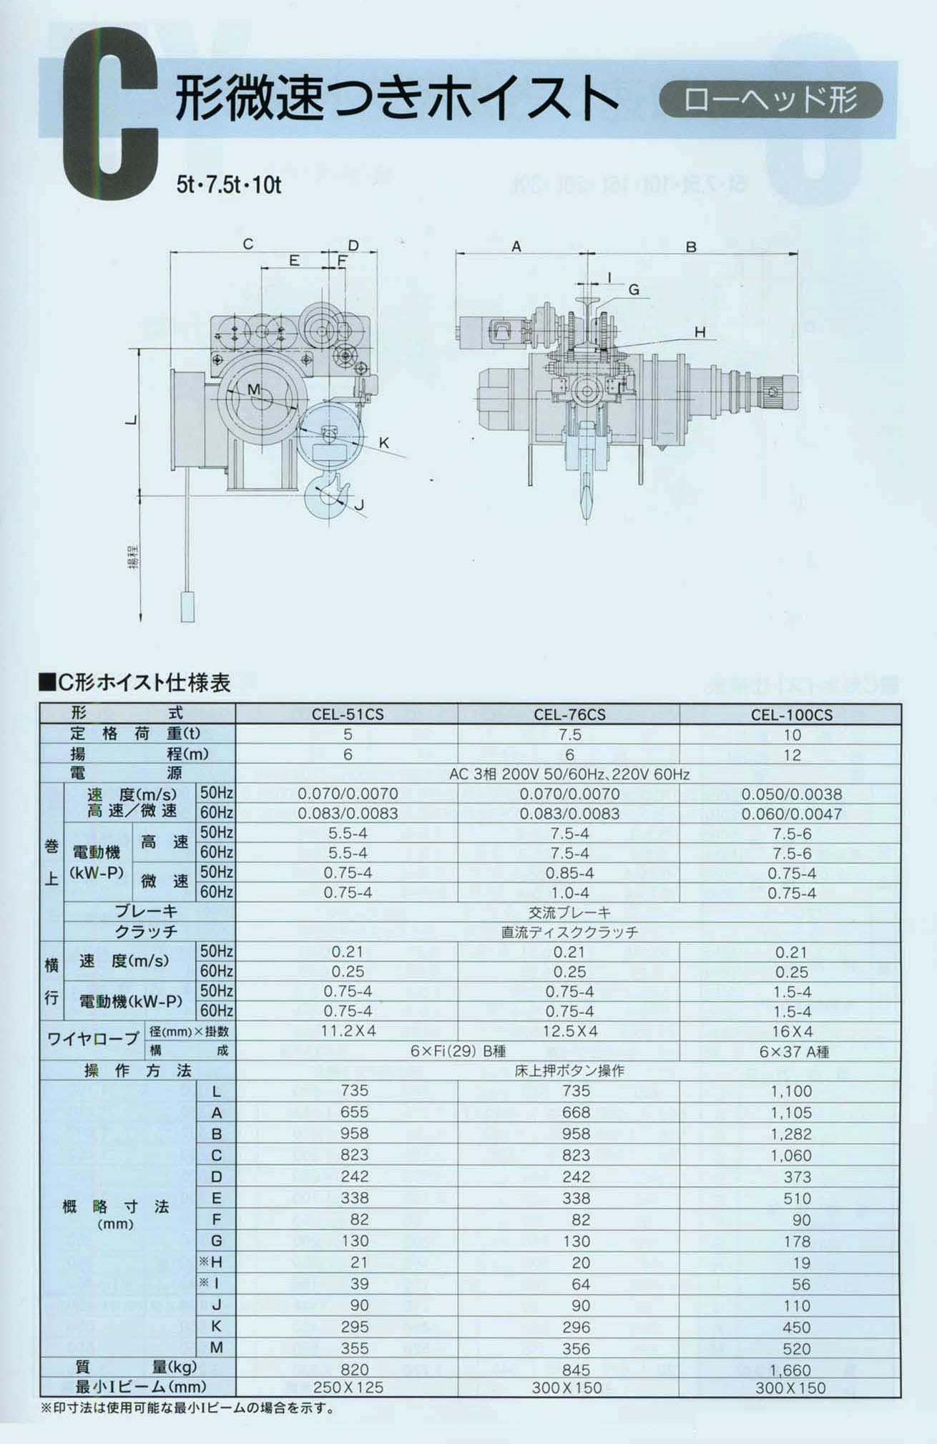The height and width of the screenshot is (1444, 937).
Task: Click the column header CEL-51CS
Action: point(348,714)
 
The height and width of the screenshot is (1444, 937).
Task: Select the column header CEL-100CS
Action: point(792,715)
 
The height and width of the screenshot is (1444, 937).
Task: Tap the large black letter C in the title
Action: point(110,113)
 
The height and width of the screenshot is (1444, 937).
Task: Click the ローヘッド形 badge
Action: point(771,99)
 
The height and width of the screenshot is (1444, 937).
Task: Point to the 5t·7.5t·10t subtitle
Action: point(229,185)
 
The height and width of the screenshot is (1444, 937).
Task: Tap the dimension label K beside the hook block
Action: point(384,443)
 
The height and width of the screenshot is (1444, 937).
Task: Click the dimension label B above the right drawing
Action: point(691,247)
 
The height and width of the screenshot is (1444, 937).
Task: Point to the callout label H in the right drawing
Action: point(700,331)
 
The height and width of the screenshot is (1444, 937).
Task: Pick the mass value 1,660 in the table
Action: point(791,1370)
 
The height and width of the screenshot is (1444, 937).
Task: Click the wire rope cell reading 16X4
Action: point(792,1031)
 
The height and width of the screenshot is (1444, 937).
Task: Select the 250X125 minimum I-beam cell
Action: point(348,1387)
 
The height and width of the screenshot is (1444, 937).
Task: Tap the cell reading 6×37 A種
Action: point(792,1051)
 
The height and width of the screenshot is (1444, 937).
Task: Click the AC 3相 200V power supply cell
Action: point(569,774)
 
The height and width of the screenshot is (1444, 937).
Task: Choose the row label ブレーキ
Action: point(147,912)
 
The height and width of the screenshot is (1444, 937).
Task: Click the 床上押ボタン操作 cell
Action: point(569,1071)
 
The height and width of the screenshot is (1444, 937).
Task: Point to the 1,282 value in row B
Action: point(791,1133)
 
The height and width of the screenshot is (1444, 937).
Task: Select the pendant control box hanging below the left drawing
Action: point(187,606)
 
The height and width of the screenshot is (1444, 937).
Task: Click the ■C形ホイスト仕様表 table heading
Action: point(135,683)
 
